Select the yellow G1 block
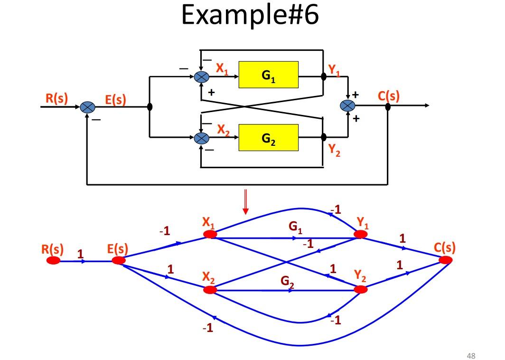(268, 75)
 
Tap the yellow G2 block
(268, 138)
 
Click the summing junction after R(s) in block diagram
(87, 107)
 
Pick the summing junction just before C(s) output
(348, 106)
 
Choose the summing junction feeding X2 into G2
(202, 138)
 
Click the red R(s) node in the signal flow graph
(53, 260)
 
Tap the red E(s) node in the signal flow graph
(119, 260)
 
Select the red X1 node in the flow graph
(209, 234)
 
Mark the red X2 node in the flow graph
(209, 289)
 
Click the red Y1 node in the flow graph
(360, 234)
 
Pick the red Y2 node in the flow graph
(360, 289)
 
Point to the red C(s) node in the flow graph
(445, 260)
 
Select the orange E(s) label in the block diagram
(115, 100)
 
